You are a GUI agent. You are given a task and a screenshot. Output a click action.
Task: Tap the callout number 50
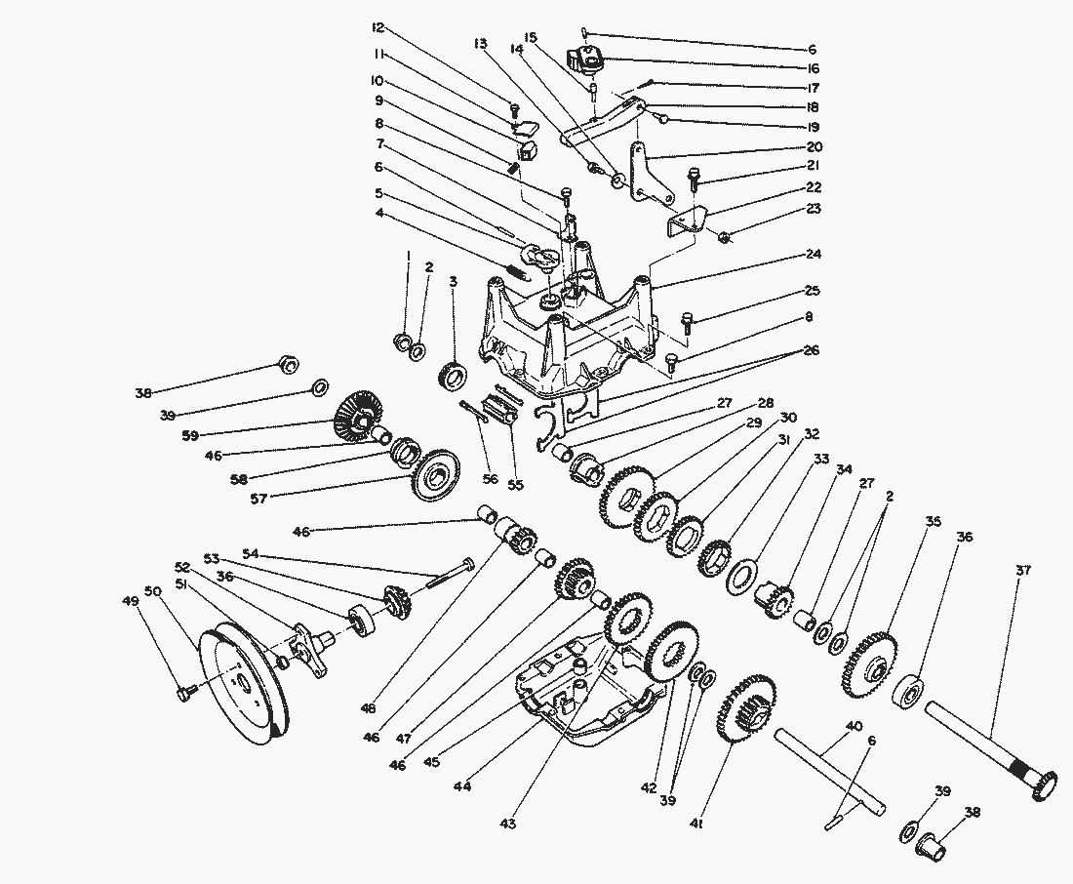point(151,591)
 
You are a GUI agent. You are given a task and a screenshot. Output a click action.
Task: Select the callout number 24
point(812,255)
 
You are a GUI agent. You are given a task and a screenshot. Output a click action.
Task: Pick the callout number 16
point(812,68)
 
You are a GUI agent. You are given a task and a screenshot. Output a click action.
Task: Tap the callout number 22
point(812,187)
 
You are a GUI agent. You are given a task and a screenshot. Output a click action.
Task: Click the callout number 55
point(516,484)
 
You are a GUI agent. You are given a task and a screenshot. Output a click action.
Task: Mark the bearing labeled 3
point(454,374)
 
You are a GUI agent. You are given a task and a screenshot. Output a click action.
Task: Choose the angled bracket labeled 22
point(689,222)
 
